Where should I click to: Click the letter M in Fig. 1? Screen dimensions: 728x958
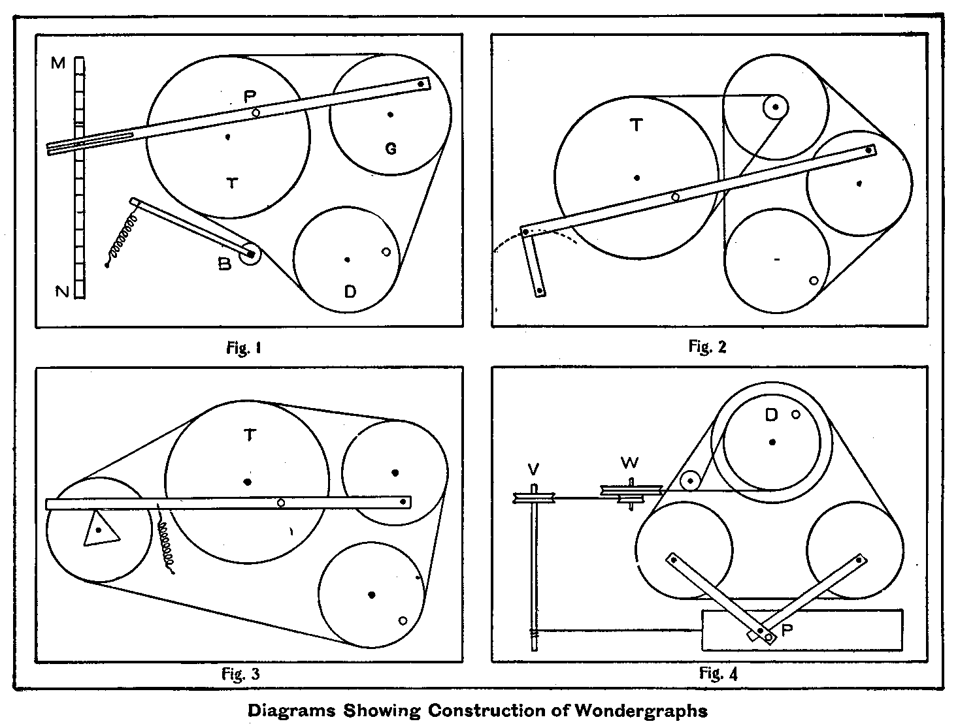(59, 63)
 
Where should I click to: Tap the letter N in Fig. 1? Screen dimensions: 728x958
(62, 292)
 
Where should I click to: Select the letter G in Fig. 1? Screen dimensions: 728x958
(390, 149)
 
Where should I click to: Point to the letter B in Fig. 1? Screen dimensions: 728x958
(225, 265)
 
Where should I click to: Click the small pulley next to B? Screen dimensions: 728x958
(250, 254)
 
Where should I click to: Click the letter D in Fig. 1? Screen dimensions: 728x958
(350, 291)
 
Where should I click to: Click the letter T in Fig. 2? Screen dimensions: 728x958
(636, 126)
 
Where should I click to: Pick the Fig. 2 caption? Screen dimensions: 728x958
(707, 347)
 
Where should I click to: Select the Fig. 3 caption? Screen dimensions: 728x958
(241, 673)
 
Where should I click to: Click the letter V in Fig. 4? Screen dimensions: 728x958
(533, 469)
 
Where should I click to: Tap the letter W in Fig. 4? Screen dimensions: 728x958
(629, 463)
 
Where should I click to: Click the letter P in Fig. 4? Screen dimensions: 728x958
(787, 630)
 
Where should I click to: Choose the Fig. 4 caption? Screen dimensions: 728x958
(718, 673)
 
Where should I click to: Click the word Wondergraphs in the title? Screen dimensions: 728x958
(641, 710)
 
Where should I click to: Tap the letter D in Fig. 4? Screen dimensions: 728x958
(772, 415)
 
